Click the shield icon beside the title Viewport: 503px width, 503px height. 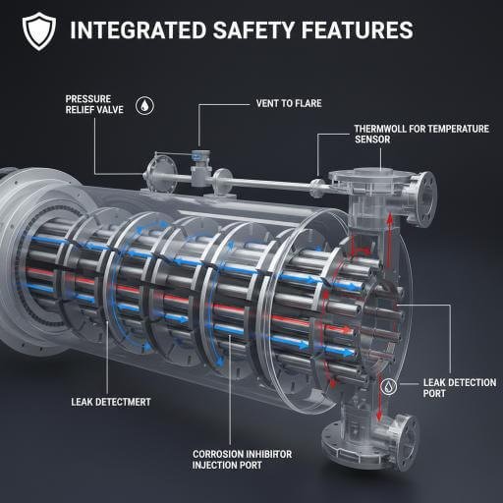(x=39, y=31)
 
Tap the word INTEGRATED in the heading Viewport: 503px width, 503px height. (x=139, y=29)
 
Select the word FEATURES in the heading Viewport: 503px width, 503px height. (x=358, y=29)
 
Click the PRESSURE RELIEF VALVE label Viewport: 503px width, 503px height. (x=94, y=104)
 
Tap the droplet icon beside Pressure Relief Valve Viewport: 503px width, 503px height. (x=144, y=106)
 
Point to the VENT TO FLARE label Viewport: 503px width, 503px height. (x=289, y=103)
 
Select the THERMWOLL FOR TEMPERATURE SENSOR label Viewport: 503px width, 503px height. (x=421, y=134)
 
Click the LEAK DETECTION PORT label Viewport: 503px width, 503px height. (x=460, y=388)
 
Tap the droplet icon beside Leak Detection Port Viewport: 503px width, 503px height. (x=389, y=387)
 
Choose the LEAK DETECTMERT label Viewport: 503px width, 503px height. (x=111, y=402)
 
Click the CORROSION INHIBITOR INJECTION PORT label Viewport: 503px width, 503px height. (x=242, y=460)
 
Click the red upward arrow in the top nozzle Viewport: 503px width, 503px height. (x=390, y=240)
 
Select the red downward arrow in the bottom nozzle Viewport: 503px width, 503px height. (x=379, y=399)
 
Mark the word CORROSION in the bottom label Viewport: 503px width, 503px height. (x=216, y=454)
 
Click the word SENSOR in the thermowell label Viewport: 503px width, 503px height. (x=372, y=140)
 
